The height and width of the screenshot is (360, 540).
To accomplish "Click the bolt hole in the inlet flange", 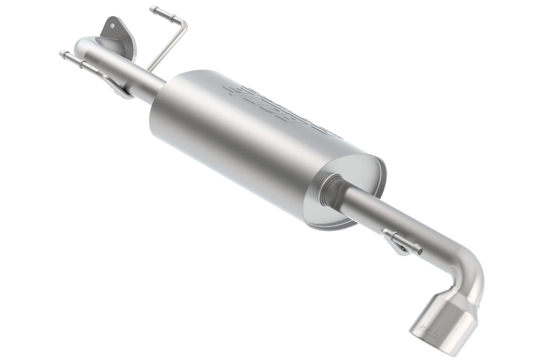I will click(112, 26).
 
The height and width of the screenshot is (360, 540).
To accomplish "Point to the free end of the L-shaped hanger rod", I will click(153, 8).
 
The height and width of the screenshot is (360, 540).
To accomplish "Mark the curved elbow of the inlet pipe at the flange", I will click(87, 44).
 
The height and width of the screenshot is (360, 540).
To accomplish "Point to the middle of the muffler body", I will click(249, 142).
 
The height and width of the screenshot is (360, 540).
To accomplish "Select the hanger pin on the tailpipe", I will click(405, 243).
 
